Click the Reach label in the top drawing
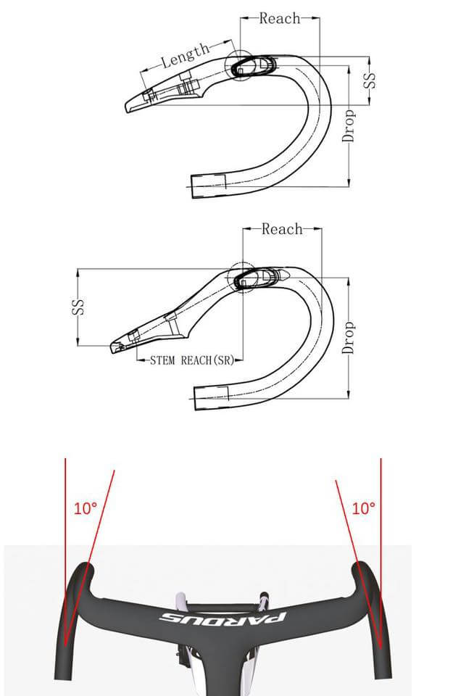(279, 18)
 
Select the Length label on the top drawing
(185, 56)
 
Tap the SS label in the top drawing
(371, 80)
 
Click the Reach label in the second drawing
(281, 229)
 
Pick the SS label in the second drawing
(78, 307)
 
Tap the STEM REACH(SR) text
(192, 360)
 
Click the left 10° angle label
(86, 508)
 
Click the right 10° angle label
(363, 508)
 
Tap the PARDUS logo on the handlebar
(223, 618)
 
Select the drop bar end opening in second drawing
(211, 395)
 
